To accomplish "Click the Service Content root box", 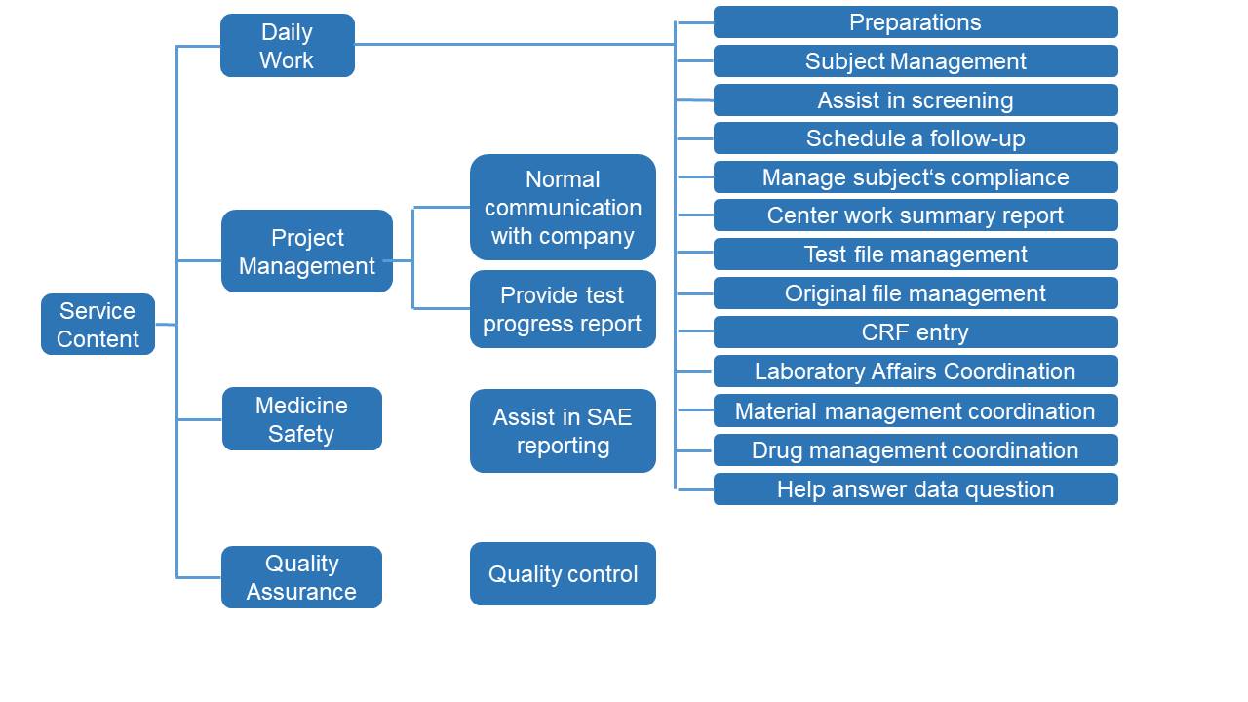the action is [98, 325].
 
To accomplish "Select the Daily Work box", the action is [288, 46].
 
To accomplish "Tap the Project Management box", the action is [307, 252].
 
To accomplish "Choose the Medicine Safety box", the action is [302, 419].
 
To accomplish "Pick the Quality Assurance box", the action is [301, 577].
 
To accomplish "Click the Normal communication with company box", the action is [563, 208].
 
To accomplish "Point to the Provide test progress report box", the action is [563, 309].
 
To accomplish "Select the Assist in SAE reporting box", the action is [563, 431].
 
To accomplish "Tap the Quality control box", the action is [563, 574].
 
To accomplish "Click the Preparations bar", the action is [916, 22].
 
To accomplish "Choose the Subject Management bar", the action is [916, 61].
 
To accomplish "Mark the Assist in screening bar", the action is [916, 100].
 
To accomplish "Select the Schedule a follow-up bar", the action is [916, 138].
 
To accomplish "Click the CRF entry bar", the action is [916, 332].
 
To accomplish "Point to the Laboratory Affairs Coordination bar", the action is [916, 371].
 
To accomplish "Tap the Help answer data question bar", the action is [916, 489].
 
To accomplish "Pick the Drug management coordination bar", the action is [916, 450].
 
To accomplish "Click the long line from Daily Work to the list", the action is [515, 44].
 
